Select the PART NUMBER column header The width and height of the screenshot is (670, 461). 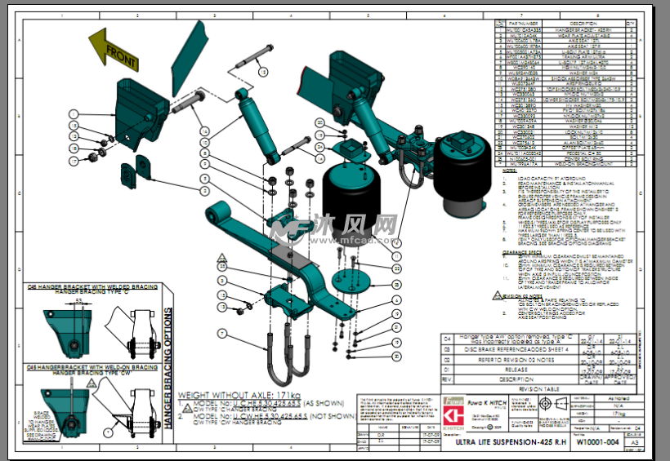[523, 24]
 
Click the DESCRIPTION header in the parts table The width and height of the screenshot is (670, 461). [584, 24]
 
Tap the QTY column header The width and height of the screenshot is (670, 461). [630, 24]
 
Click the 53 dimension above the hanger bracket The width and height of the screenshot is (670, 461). [78, 300]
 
